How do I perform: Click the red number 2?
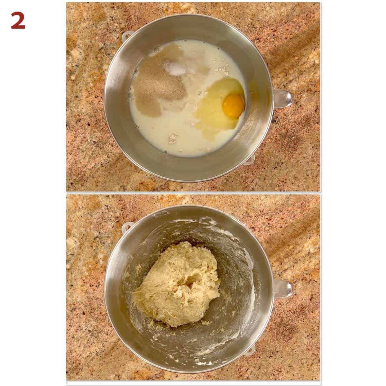tap(18, 21)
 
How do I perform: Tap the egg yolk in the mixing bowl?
tap(233, 106)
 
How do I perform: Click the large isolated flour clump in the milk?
tap(174, 138)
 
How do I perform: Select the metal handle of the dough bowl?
tap(282, 290)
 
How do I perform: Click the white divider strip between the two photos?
tap(193, 193)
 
